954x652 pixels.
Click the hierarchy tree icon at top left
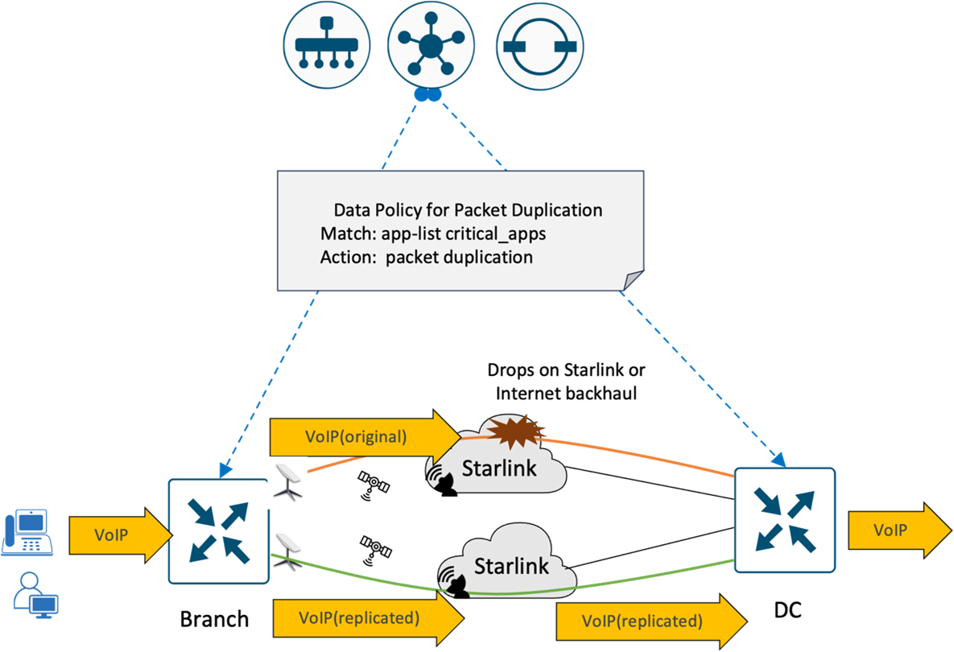(327, 46)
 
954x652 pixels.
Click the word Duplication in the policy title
(563, 210)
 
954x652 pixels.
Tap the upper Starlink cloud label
(498, 468)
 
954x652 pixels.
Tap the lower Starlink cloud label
(511, 565)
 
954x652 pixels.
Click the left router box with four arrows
(218, 530)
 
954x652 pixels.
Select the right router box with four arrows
(784, 519)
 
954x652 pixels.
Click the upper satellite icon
(374, 486)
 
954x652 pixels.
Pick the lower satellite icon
(375, 551)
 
